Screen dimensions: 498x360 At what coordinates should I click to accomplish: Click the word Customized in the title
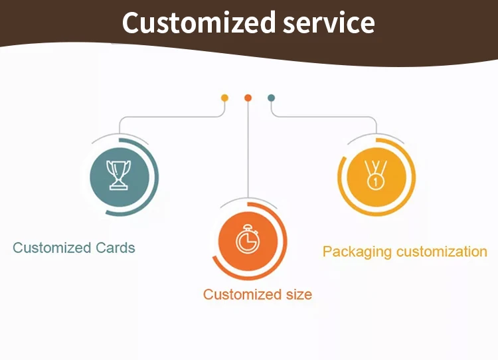(x=199, y=22)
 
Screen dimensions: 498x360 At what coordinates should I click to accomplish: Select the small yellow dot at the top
(x=224, y=98)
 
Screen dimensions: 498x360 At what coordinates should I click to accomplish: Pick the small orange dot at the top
(x=248, y=98)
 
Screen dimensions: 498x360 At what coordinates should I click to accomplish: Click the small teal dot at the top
(x=271, y=98)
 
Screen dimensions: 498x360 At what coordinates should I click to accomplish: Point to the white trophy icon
(x=118, y=175)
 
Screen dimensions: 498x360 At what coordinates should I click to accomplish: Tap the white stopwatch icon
(x=248, y=239)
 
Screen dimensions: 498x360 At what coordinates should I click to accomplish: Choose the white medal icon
(x=376, y=175)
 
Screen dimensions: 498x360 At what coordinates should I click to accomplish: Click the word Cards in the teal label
(x=116, y=248)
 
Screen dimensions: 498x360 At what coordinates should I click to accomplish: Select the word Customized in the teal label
(x=52, y=248)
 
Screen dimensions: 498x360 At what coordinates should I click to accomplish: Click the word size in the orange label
(x=299, y=294)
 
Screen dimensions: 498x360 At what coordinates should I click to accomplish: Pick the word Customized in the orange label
(x=242, y=294)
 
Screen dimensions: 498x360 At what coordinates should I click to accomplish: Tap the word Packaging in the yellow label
(x=357, y=252)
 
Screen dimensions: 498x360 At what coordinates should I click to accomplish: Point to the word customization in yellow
(x=442, y=252)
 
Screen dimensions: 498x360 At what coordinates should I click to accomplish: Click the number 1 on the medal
(x=376, y=183)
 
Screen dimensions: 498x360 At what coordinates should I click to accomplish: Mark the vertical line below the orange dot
(x=248, y=149)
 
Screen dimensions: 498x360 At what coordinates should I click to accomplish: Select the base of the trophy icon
(x=118, y=187)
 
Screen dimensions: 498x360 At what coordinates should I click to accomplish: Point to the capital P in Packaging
(x=327, y=251)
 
